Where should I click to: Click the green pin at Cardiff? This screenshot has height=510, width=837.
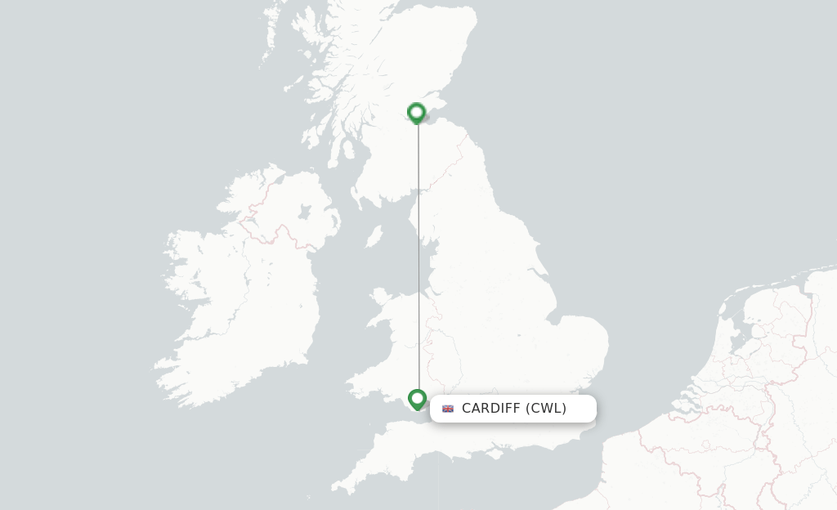point(417,399)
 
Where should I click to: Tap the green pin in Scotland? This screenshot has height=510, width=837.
point(417,112)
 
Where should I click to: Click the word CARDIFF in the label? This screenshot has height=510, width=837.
point(490,408)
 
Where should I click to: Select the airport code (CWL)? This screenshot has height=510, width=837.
point(546,408)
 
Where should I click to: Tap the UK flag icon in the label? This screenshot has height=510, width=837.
point(448,409)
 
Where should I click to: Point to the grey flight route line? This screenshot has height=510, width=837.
point(418,262)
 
